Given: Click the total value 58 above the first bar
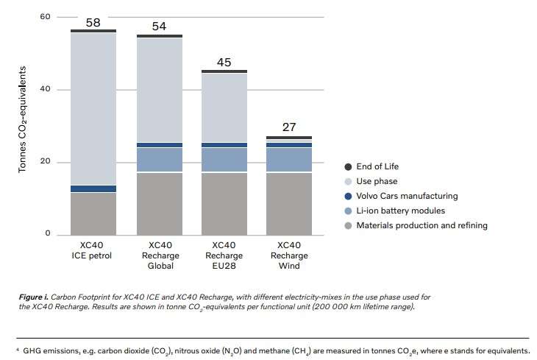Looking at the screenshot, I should pyautogui.click(x=93, y=23).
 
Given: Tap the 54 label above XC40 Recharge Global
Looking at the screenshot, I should pyautogui.click(x=160, y=27).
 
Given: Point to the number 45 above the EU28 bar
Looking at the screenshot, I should pyautogui.click(x=224, y=62).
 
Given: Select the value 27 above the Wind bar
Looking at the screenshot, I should pyautogui.click(x=289, y=127).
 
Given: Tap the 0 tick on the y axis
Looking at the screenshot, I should pyautogui.click(x=47, y=233).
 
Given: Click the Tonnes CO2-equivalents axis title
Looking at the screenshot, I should pyautogui.click(x=23, y=119).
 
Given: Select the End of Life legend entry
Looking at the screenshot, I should pyautogui.click(x=377, y=166).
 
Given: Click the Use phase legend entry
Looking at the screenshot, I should pyautogui.click(x=376, y=181).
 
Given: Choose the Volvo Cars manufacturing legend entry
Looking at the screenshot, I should pyautogui.click(x=406, y=196).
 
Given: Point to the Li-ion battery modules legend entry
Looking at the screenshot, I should pyautogui.click(x=400, y=211).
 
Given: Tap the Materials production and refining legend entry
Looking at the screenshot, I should pyautogui.click(x=421, y=225).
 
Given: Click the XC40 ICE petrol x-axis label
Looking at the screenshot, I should pyautogui.click(x=93, y=250).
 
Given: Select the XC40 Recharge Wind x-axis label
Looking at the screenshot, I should pyautogui.click(x=289, y=255).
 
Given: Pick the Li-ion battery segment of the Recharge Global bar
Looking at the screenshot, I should pyautogui.click(x=160, y=159).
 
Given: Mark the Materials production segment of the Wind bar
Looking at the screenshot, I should pyautogui.click(x=289, y=202).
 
